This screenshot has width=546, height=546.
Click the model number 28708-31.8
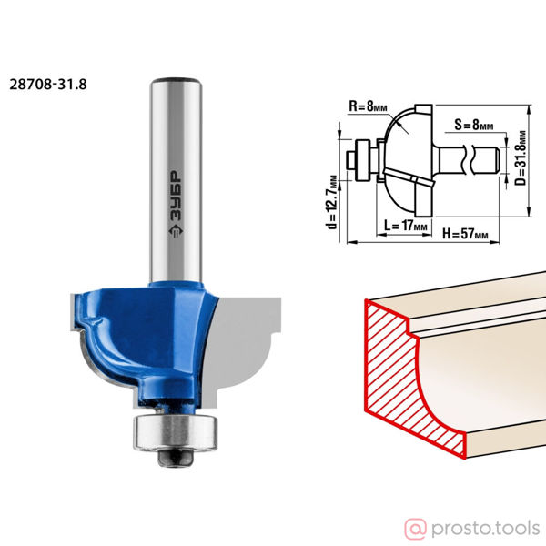tap(48, 85)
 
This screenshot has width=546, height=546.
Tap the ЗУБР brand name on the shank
tap(176, 196)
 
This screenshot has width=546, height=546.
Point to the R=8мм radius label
tap(368, 106)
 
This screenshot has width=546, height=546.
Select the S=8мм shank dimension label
tap(473, 125)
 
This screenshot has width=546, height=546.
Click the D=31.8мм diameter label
tap(521, 158)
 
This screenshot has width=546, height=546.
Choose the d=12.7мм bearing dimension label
tap(332, 202)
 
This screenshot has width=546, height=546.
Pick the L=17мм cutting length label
tap(405, 226)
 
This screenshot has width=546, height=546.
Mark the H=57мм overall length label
tap(465, 234)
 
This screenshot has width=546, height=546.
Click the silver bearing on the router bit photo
tap(175, 432)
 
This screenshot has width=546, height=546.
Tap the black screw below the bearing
tap(175, 458)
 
